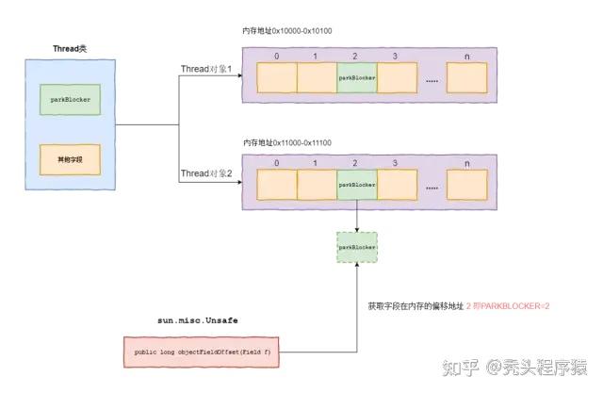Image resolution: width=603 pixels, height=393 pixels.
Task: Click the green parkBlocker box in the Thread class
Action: pyautogui.click(x=64, y=99)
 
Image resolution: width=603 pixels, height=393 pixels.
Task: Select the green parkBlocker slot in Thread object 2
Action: pyautogui.click(x=356, y=186)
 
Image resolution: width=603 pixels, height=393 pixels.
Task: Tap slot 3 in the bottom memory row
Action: pyautogui.click(x=396, y=186)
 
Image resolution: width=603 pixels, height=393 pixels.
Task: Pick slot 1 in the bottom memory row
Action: pyautogui.click(x=316, y=186)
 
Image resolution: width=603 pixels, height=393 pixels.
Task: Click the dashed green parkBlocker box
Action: pyautogui.click(x=356, y=246)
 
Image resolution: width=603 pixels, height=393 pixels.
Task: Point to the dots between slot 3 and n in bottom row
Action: pyautogui.click(x=432, y=188)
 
